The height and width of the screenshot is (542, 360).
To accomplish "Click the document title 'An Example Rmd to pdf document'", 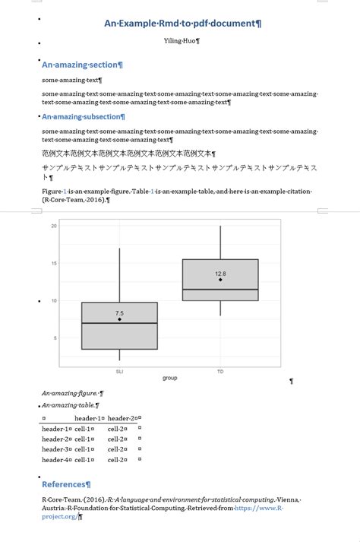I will (182, 24).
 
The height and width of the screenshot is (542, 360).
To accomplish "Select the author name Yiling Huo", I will (181, 40).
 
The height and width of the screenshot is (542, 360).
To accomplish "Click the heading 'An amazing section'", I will (81, 65).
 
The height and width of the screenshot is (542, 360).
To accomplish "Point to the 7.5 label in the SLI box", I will (119, 313).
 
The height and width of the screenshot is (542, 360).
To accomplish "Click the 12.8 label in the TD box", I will (220, 274).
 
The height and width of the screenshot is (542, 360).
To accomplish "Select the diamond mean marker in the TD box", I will (220, 280).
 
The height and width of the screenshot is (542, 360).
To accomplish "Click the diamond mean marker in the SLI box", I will (119, 319).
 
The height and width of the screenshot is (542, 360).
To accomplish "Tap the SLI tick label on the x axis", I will (119, 372).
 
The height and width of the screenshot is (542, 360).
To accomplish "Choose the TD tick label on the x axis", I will (220, 372).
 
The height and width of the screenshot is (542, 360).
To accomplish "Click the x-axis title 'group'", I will (169, 378).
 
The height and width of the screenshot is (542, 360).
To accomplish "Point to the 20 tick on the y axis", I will (54, 226).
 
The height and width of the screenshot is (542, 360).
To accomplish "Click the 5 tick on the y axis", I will (55, 338).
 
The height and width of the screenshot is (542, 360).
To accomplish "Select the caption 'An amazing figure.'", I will (71, 394).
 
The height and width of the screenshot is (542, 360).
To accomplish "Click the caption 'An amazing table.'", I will (69, 405).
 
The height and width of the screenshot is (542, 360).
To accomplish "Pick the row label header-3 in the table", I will (55, 449).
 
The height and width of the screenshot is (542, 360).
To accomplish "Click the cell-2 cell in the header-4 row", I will (116, 460).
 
